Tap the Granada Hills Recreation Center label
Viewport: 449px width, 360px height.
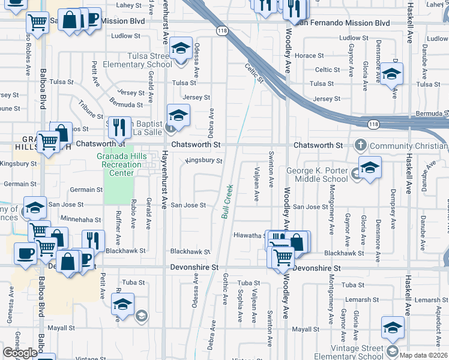coord(124,164)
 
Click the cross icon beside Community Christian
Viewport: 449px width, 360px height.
coord(361,145)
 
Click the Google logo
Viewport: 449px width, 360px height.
coord(20,352)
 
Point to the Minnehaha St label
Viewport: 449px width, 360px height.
coord(80,220)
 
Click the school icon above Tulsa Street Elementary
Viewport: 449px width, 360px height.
coord(180,48)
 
